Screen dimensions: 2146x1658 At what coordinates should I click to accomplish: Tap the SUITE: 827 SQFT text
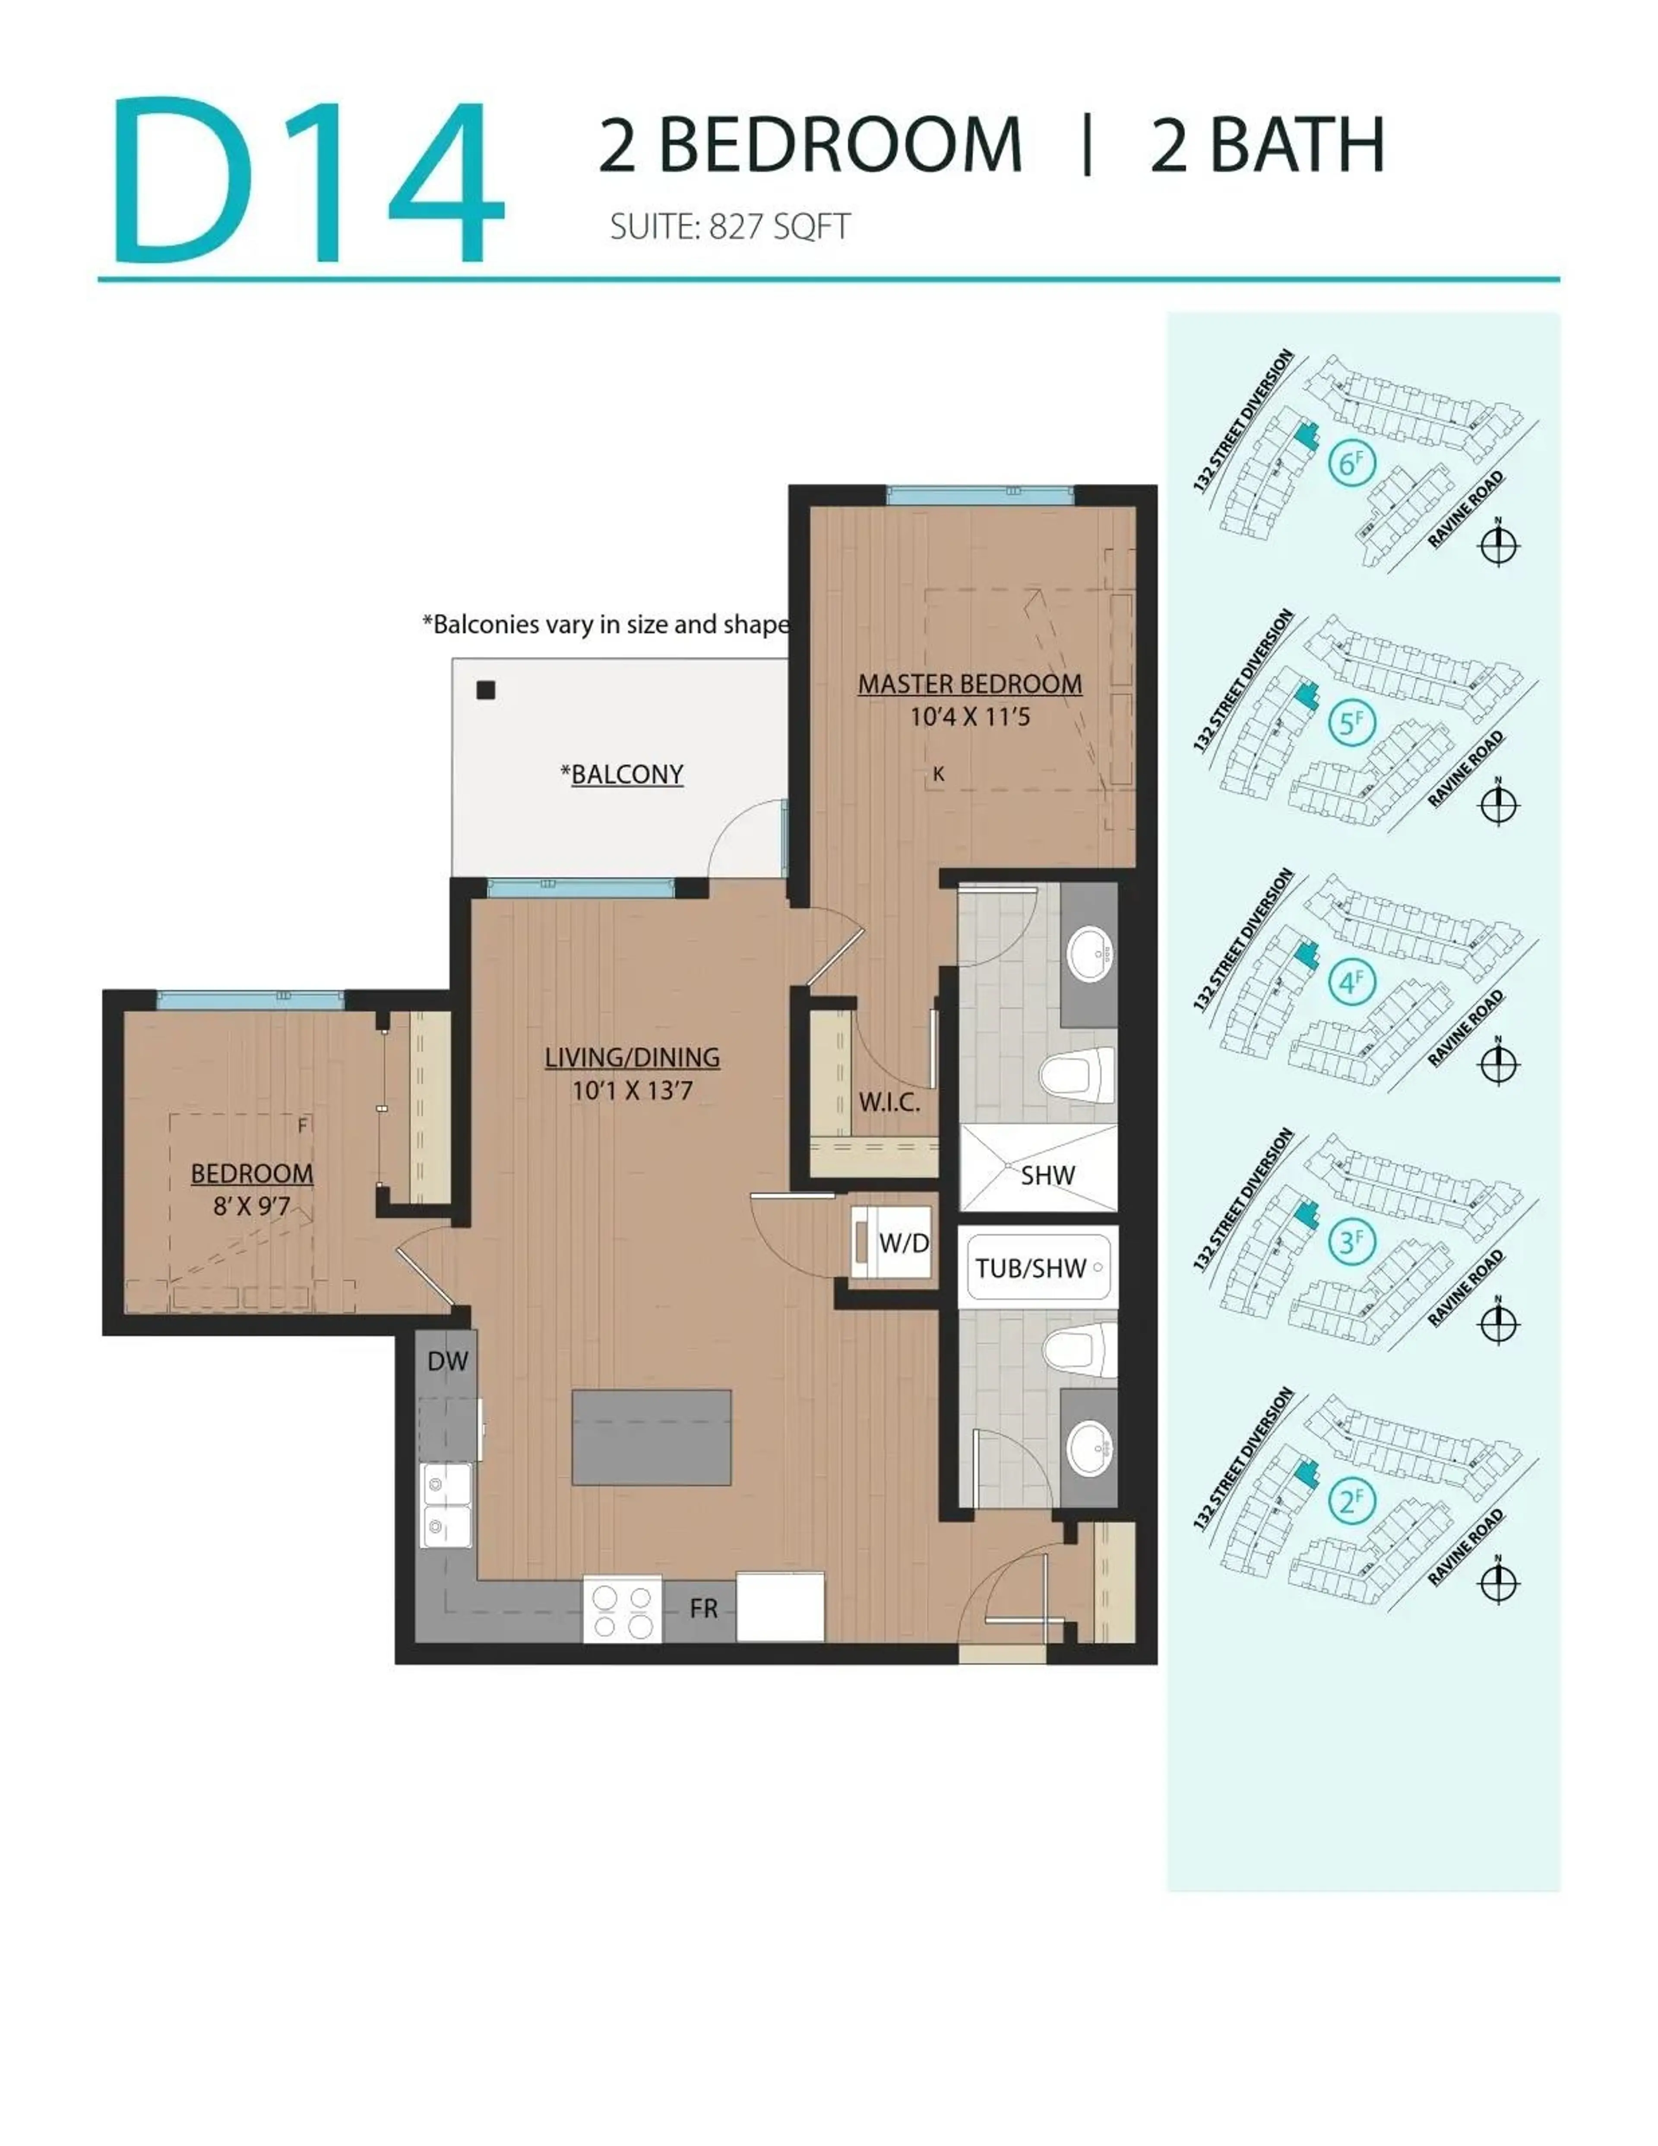(x=729, y=227)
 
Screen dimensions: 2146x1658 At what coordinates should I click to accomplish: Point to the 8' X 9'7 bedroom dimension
(x=252, y=1206)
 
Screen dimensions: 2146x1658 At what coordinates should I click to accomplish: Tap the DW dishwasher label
(x=447, y=1361)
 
